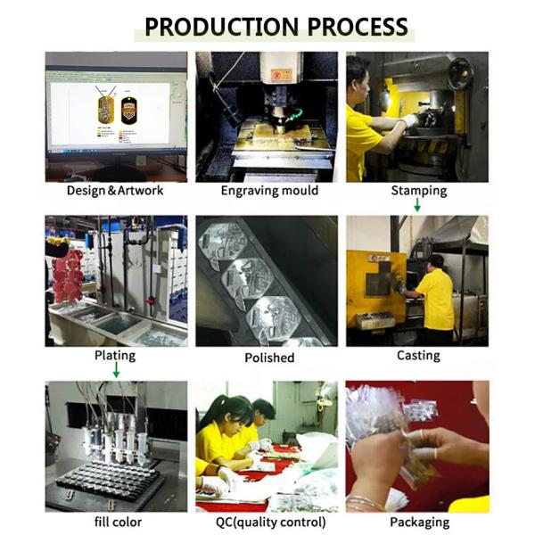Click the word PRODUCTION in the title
click(x=222, y=27)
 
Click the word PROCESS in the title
click(x=358, y=27)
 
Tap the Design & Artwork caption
click(x=115, y=191)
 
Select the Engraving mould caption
click(x=269, y=191)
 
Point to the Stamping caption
click(x=419, y=191)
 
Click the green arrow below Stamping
click(x=417, y=205)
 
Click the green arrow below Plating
click(x=116, y=370)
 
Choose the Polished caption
click(x=269, y=358)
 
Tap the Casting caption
click(x=418, y=356)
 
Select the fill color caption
click(x=118, y=522)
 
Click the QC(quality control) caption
click(x=270, y=523)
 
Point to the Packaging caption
click(x=419, y=523)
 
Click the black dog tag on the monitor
click(x=129, y=111)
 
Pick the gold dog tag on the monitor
click(x=105, y=110)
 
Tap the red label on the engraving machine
click(x=282, y=76)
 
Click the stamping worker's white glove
click(x=411, y=120)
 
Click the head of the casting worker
click(x=435, y=262)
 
